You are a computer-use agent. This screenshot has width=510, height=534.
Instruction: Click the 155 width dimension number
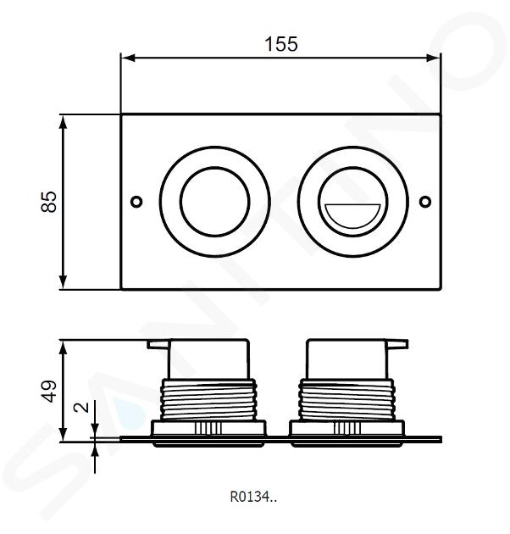pos(281,44)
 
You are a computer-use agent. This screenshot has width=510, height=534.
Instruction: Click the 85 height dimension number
pos(49,202)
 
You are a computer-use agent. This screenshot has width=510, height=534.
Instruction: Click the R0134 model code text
pos(253,497)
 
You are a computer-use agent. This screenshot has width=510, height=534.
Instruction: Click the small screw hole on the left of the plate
pos(136,202)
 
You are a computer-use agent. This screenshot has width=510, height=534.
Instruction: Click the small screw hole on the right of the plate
pos(425,202)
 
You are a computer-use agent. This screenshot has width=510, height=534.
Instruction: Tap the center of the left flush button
pos(215,202)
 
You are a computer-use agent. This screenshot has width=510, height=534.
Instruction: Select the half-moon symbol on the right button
pos(352,214)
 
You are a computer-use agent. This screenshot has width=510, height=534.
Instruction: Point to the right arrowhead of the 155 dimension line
pos(433,58)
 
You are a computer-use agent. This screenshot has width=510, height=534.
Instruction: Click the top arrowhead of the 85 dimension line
pos(63,123)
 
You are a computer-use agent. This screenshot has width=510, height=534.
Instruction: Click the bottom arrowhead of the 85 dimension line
pos(63,282)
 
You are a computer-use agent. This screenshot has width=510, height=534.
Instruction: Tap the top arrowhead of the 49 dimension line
pos(64,348)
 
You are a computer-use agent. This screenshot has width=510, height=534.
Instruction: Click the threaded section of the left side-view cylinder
pos(208,400)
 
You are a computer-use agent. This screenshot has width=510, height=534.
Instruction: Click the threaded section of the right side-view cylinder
pos(347,400)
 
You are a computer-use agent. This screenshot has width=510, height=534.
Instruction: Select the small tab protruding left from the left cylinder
pos(158,344)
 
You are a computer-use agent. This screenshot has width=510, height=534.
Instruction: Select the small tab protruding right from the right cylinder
pos(397,344)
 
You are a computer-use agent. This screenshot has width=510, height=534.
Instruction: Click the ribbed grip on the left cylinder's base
pos(208,428)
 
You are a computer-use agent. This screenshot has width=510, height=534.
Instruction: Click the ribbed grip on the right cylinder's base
pos(347,428)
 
